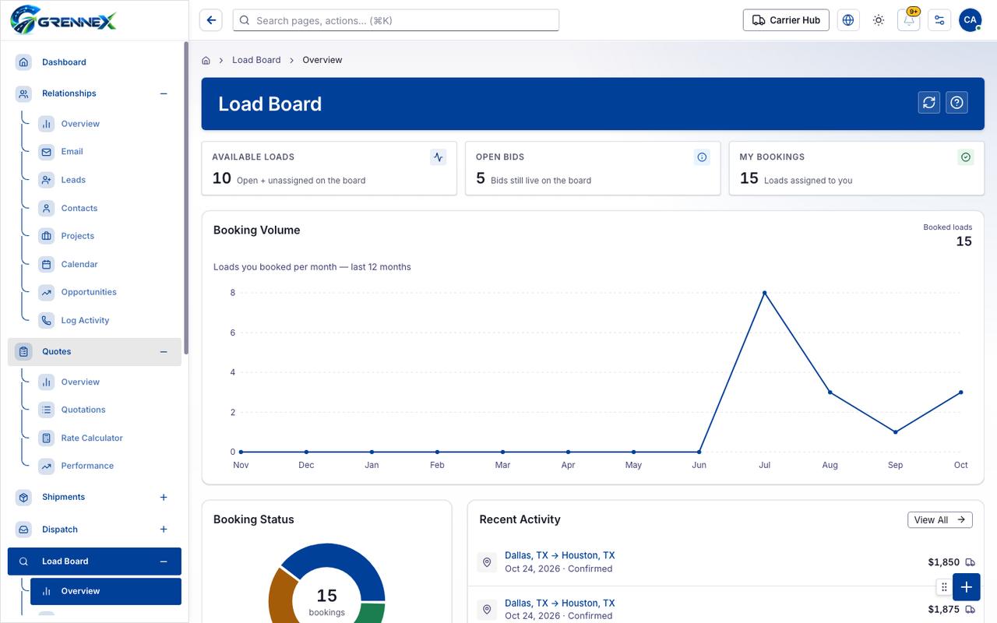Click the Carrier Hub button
tap(786, 20)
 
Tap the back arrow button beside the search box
tap(211, 20)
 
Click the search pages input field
tap(396, 20)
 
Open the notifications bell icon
tap(909, 20)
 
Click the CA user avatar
tap(970, 20)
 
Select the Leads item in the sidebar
tap(73, 180)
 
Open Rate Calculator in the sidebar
tap(92, 438)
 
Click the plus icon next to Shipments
tap(164, 497)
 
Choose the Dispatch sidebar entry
tap(60, 529)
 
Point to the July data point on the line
tap(764, 293)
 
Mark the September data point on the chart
tap(895, 431)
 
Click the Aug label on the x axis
tap(830, 465)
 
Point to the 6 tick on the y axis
tap(232, 333)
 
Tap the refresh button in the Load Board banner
tap(929, 103)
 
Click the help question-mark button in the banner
tap(956, 103)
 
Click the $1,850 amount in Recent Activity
tap(943, 562)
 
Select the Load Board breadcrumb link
tap(256, 60)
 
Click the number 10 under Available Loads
tap(222, 178)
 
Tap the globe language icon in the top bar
tap(848, 20)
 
